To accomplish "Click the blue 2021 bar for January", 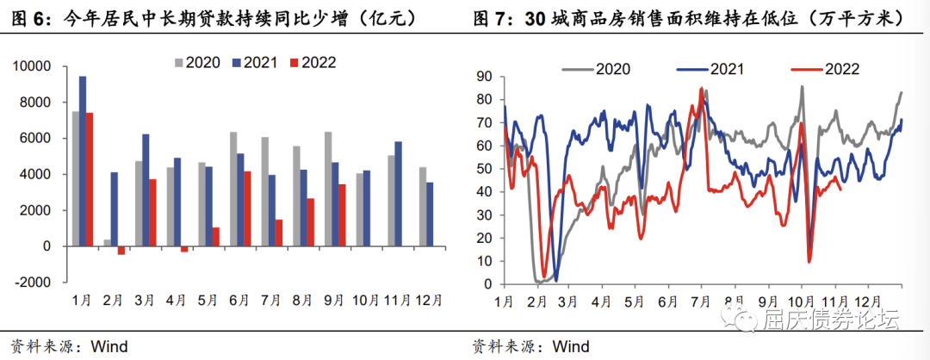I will (x=83, y=161).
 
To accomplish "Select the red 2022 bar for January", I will (x=90, y=179).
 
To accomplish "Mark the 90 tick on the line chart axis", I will (x=484, y=77).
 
